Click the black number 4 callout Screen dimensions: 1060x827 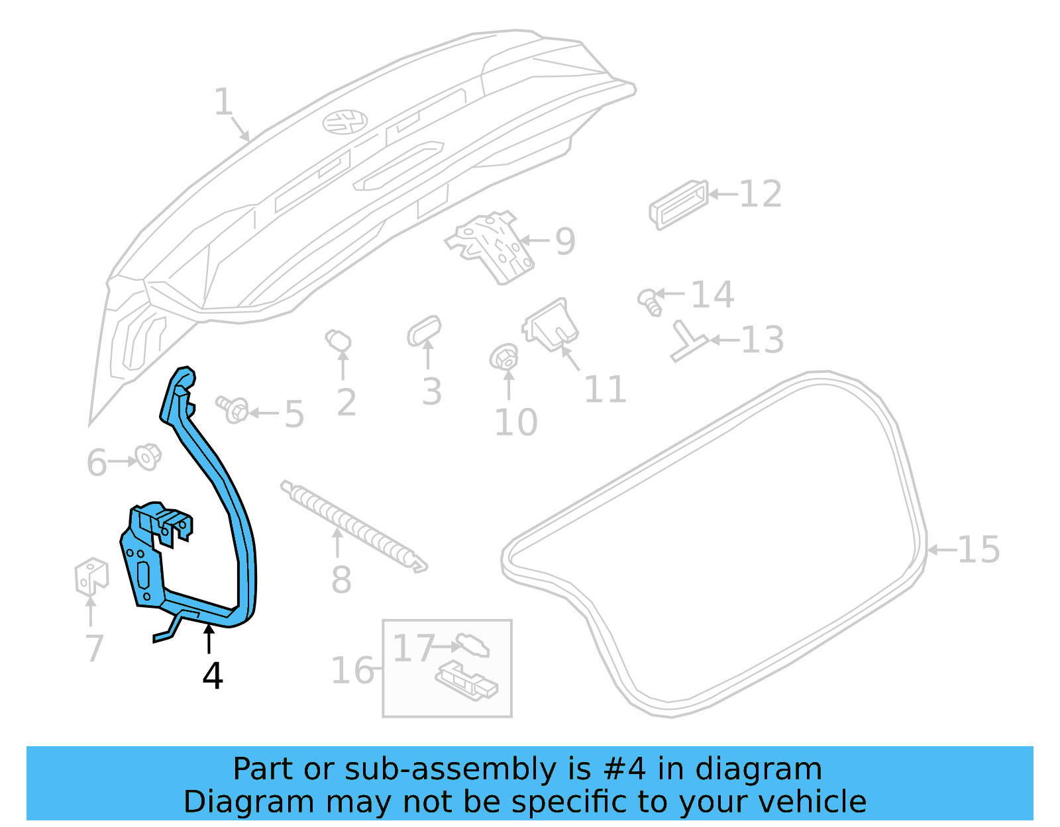pos(212,676)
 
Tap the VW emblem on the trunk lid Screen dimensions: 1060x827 pos(345,121)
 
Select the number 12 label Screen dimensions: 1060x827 pos(760,194)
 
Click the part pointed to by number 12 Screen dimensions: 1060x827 pos(678,204)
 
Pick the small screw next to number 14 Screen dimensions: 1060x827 pos(650,301)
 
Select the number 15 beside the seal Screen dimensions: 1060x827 pos(979,550)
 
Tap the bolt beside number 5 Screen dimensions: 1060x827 pos(233,409)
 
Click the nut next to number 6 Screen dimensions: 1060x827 pos(148,456)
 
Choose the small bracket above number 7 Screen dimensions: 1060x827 pos(91,576)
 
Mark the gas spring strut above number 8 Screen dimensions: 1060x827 pos(354,526)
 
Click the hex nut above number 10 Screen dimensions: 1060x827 pos(504,358)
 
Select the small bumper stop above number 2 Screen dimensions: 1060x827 pos(339,341)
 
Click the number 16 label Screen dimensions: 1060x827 pos(352,671)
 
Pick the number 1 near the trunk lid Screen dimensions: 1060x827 pos(223,103)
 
